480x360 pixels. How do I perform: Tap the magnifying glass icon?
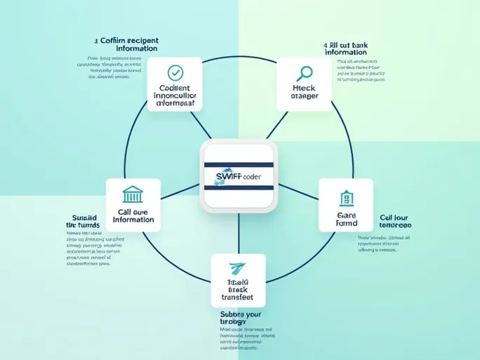[x=304, y=72]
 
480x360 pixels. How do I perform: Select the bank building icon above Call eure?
[x=132, y=194]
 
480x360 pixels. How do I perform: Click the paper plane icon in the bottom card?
[x=238, y=268]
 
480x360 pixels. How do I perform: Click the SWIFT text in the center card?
[x=224, y=176]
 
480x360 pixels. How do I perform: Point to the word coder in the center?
[x=251, y=177]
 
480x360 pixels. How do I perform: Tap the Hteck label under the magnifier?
[x=304, y=88]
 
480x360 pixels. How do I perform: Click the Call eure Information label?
[x=133, y=215]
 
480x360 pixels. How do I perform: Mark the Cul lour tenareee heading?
[x=395, y=221]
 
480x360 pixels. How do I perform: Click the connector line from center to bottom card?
[x=239, y=232]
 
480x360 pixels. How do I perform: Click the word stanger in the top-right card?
[x=304, y=97]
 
